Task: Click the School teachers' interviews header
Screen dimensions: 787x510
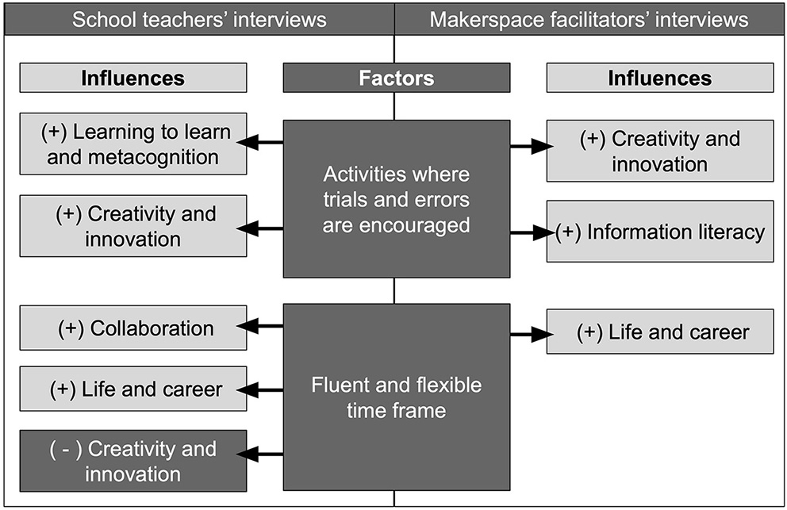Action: pos(198,19)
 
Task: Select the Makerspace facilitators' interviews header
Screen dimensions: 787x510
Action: pos(589,19)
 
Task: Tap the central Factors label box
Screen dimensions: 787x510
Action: pos(396,78)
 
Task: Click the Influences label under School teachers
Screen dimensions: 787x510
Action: pos(132,78)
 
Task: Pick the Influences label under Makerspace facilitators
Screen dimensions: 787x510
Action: pos(659,78)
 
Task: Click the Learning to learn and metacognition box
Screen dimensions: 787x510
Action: pos(132,144)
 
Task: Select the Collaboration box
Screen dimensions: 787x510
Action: pos(132,328)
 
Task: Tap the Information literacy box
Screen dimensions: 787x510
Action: pos(659,232)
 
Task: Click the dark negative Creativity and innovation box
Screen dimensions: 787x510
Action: pos(132,462)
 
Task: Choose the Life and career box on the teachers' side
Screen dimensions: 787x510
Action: pos(132,389)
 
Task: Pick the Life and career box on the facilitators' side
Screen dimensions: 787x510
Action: pos(659,332)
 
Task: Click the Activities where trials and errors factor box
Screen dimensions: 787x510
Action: pos(396,198)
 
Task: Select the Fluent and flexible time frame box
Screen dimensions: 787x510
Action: pos(396,397)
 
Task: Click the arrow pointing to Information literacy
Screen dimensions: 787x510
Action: pos(531,232)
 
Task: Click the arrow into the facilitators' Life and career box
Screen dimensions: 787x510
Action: pos(531,335)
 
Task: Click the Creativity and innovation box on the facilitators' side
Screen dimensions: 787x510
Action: pos(659,151)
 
